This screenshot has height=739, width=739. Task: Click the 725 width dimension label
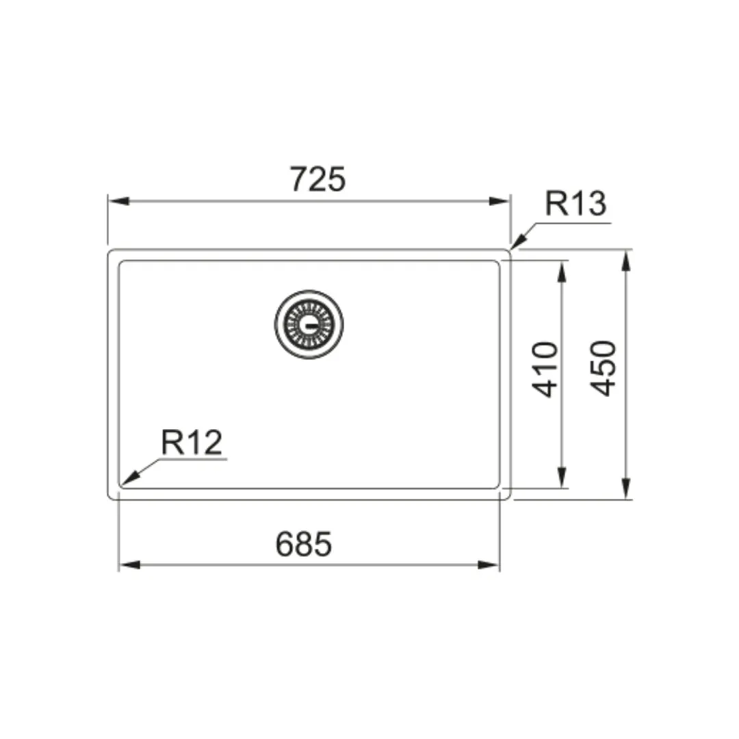(317, 179)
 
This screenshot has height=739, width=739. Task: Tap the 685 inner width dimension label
(304, 544)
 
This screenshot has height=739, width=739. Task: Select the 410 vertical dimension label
(545, 369)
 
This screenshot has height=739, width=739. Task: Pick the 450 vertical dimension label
(604, 368)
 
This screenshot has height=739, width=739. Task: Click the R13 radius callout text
(575, 204)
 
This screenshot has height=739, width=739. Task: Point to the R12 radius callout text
(192, 442)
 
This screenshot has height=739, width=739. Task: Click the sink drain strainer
(309, 324)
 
